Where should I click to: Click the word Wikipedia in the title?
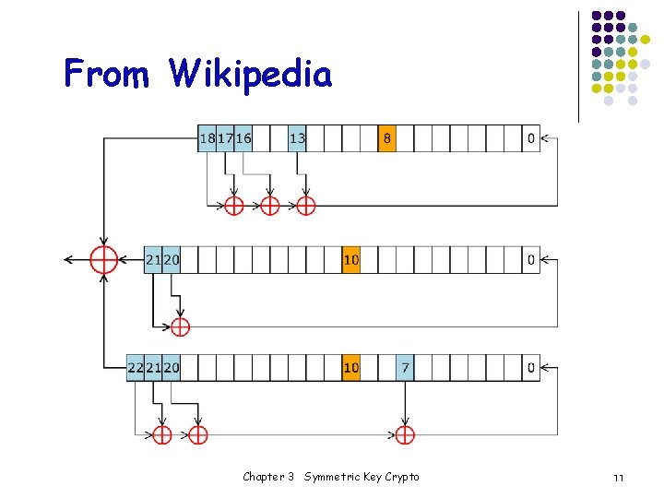(251, 73)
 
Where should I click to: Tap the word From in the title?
(106, 73)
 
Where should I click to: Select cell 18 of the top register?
(207, 138)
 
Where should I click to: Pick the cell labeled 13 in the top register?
(297, 138)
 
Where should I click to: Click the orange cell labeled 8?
(386, 138)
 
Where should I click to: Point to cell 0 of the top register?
(530, 138)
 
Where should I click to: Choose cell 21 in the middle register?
(153, 260)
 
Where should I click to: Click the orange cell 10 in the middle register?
(350, 260)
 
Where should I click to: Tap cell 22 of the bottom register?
(136, 368)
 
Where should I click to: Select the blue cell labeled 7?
(405, 368)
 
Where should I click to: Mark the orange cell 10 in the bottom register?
(350, 368)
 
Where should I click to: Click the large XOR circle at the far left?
(103, 260)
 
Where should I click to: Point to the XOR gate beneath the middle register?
(180, 326)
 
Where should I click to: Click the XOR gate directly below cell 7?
(405, 433)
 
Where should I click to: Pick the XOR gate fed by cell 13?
(305, 205)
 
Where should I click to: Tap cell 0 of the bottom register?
(530, 368)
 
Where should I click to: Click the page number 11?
(618, 478)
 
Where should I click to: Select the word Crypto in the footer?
(401, 477)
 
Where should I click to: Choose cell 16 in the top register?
(243, 138)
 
